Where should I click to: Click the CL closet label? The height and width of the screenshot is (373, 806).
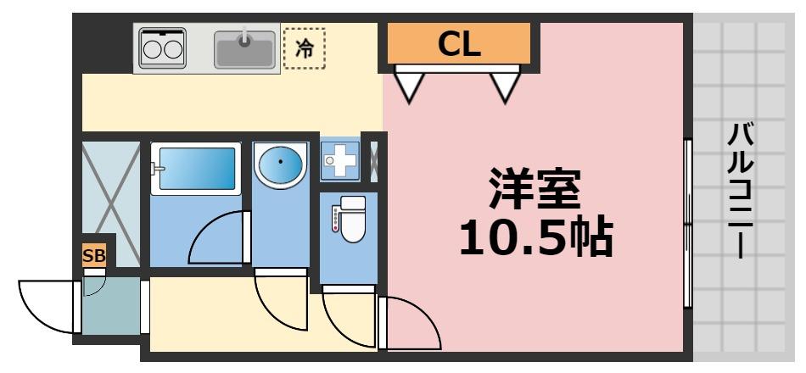[x=459, y=44]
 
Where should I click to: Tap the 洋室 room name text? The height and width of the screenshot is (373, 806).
[x=534, y=188]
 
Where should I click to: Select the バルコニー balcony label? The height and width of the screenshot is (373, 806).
[x=741, y=191]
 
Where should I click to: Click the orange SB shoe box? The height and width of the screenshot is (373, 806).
[x=93, y=255]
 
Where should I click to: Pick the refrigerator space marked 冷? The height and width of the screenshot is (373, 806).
[x=304, y=49]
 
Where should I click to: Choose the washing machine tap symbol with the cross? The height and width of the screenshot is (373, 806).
[x=340, y=160]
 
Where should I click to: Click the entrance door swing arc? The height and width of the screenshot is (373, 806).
[x=48, y=305]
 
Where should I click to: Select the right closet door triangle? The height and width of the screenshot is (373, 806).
[x=505, y=85]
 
